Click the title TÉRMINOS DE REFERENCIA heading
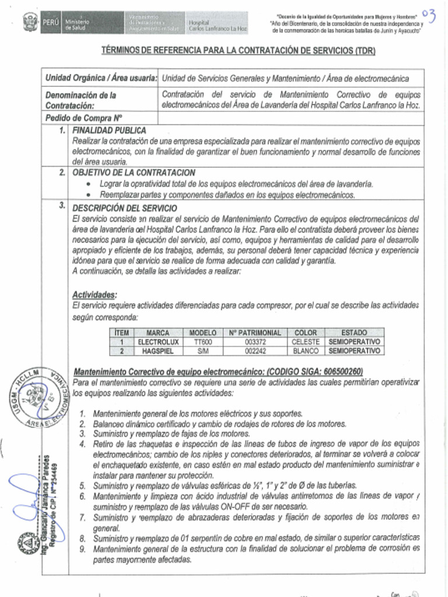point(238,51)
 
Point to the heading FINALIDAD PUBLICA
point(109,131)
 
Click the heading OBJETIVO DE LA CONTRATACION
point(134,173)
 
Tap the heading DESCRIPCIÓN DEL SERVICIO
point(125,208)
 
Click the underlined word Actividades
point(94,294)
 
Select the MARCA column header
point(157,332)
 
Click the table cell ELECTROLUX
point(157,342)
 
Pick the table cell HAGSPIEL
point(157,352)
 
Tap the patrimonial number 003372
point(255,342)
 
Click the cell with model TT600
point(203,342)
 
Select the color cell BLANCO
point(305,352)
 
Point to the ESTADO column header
point(354,332)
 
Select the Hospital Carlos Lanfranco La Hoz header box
point(216,24)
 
